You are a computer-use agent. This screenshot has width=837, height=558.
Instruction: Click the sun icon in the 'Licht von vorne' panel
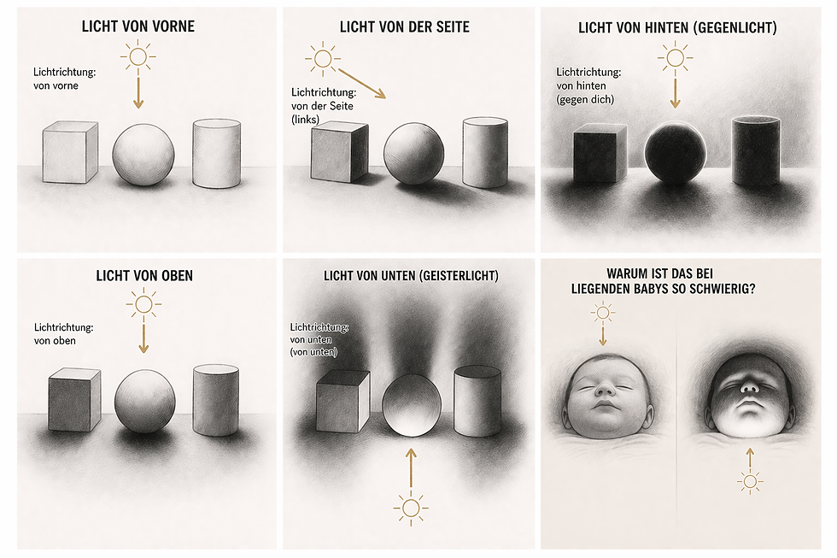(138, 56)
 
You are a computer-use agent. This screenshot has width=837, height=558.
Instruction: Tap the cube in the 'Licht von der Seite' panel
(340, 153)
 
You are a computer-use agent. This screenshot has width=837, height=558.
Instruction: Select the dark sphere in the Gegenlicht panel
(676, 153)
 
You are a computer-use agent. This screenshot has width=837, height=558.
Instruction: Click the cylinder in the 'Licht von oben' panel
(215, 400)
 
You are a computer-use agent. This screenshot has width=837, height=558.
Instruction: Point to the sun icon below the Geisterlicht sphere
(411, 508)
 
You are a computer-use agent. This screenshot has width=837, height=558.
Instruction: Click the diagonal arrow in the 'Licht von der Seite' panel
(362, 83)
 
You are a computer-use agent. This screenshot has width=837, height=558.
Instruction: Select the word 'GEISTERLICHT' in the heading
(459, 276)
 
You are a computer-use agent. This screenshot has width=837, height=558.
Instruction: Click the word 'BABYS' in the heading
(653, 289)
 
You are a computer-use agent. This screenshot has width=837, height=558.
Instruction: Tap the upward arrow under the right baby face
(750, 459)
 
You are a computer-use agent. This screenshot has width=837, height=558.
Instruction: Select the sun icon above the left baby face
(603, 313)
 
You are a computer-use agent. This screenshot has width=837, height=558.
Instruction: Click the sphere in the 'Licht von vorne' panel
(143, 155)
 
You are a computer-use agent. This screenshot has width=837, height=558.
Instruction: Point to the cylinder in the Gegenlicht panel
(756, 151)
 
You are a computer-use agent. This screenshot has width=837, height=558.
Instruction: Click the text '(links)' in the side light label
(306, 120)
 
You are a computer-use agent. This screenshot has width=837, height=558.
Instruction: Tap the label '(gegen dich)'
(585, 99)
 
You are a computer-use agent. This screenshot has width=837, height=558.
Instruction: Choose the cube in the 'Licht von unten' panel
(343, 402)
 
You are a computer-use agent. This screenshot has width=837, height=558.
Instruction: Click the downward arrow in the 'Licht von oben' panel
(143, 335)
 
